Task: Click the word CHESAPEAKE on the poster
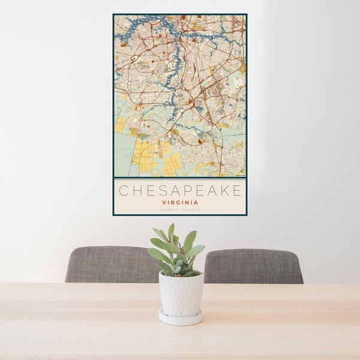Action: point(180,191)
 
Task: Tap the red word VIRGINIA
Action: point(180,203)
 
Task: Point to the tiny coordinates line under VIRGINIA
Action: point(180,209)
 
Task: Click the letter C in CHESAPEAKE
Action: point(123,191)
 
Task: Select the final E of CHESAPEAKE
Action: point(237,191)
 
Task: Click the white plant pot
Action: point(181,294)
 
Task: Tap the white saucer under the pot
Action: point(181,318)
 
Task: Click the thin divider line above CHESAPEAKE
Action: point(180,179)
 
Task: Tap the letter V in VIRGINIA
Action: point(163,203)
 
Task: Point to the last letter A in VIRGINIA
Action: point(197,203)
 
